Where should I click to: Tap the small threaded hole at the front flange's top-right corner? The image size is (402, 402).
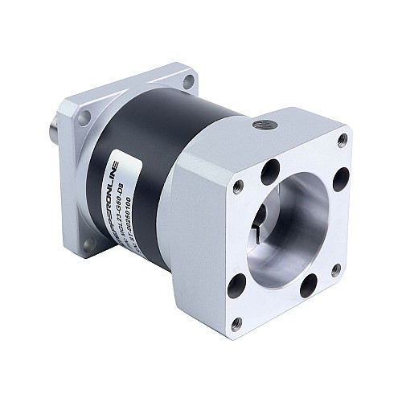pyautogui.click(x=343, y=140)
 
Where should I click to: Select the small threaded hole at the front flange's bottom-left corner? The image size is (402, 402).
pyautogui.click(x=236, y=323)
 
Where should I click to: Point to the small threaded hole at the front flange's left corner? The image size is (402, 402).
pyautogui.click(x=238, y=186)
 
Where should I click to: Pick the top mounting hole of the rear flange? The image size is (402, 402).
pyautogui.click(x=188, y=81)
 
